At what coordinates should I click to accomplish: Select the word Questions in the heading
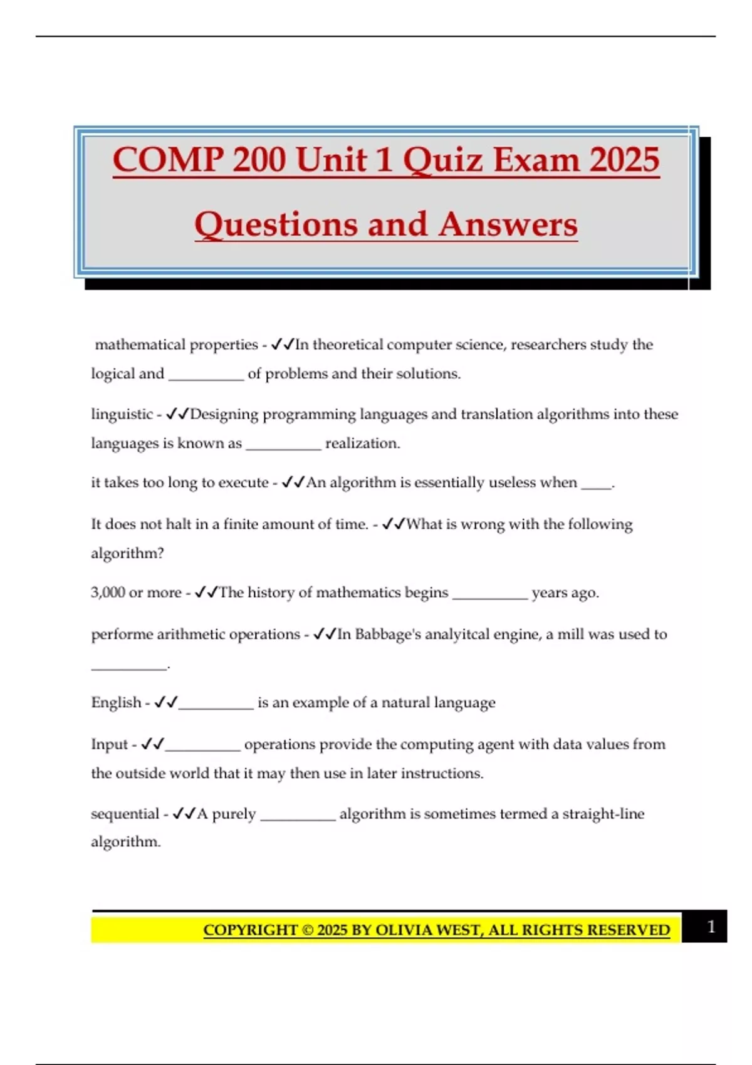pyautogui.click(x=276, y=224)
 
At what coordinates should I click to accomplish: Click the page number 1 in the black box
pyautogui.click(x=711, y=927)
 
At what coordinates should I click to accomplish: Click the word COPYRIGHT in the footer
pyautogui.click(x=250, y=930)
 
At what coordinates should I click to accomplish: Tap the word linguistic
pyautogui.click(x=122, y=414)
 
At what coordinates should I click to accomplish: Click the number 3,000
pyautogui.click(x=108, y=593)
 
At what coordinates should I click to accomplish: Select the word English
pyautogui.click(x=116, y=702)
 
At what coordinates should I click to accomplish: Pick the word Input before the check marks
pyautogui.click(x=109, y=744)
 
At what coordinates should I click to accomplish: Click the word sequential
pyautogui.click(x=125, y=814)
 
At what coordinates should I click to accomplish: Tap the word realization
pyautogui.click(x=362, y=443)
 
